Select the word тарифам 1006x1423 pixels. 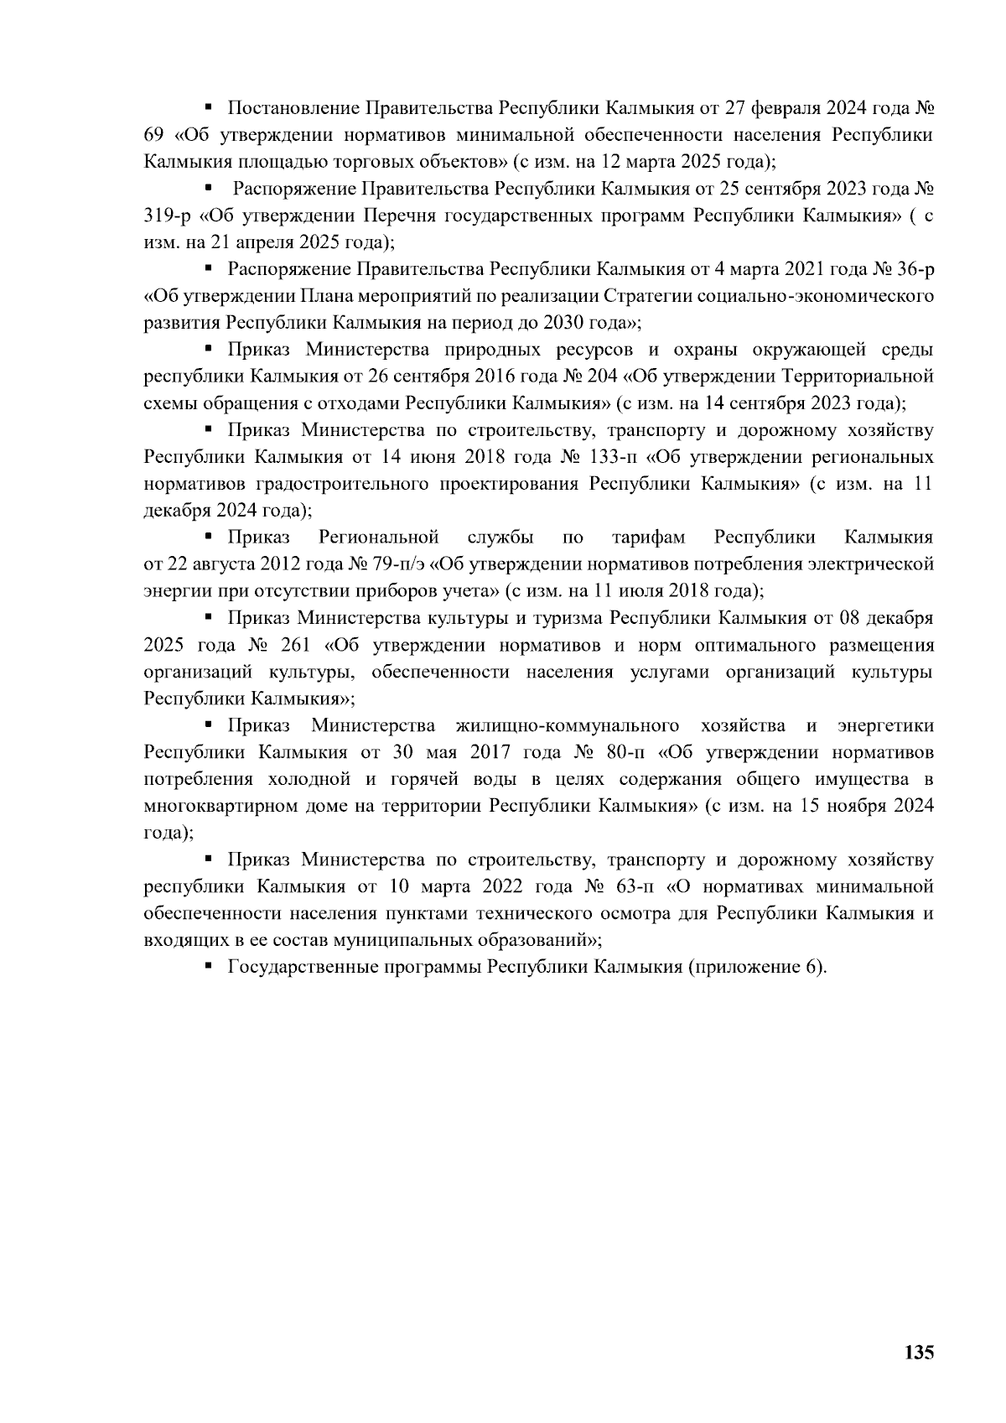(x=649, y=537)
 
